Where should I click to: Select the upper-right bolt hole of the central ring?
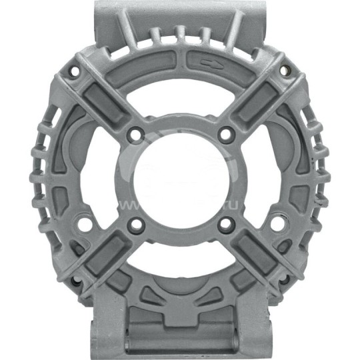(x=226, y=134)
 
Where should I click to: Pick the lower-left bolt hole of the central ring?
(x=136, y=225)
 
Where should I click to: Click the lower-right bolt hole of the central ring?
(x=226, y=225)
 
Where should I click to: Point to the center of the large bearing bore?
(x=181, y=179)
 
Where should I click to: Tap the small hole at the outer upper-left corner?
(x=74, y=70)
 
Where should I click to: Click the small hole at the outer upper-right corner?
(x=285, y=70)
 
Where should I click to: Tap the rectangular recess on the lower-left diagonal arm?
(x=101, y=257)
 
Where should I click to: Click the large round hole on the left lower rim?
(x=85, y=223)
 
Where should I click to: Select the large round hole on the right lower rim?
(x=276, y=223)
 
